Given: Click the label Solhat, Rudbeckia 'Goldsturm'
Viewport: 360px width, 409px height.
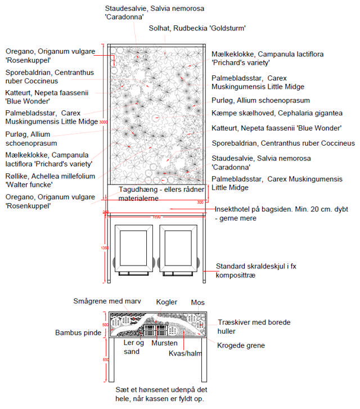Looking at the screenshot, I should pyautogui.click(x=197, y=28).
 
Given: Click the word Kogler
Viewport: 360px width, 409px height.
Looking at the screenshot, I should pyautogui.click(x=166, y=302).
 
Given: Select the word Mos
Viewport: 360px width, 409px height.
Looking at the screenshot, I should pyautogui.click(x=197, y=302).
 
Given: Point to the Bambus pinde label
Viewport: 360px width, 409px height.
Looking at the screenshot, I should pyautogui.click(x=78, y=333).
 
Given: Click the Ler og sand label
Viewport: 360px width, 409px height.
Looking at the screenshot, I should pyautogui.click(x=133, y=347).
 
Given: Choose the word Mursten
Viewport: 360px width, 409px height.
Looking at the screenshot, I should pyautogui.click(x=164, y=343).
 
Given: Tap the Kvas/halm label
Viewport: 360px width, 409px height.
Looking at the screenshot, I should pyautogui.click(x=184, y=353).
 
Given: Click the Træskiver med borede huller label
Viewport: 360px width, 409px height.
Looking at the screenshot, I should pyautogui.click(x=254, y=326).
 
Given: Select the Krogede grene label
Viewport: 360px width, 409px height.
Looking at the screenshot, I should pyautogui.click(x=241, y=345).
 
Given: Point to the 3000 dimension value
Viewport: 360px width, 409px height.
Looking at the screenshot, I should pyautogui.click(x=103, y=122).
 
